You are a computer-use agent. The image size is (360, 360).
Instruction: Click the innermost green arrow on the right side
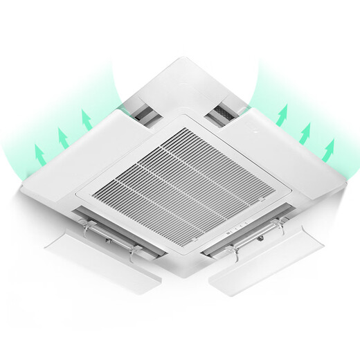[x=281, y=115]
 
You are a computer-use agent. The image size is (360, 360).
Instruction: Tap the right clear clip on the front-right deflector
[x=282, y=224]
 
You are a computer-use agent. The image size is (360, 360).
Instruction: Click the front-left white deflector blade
[x=104, y=256]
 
